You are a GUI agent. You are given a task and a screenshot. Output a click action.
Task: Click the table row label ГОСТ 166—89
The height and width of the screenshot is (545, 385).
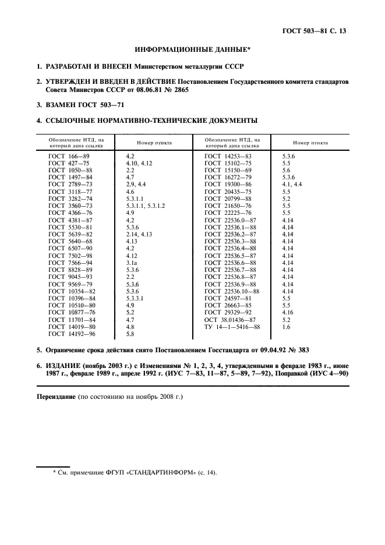(68, 157)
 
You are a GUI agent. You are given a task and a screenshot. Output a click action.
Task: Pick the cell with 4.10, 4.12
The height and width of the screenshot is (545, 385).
(139, 164)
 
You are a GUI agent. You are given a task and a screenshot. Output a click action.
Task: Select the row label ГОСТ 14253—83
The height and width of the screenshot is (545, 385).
(228, 157)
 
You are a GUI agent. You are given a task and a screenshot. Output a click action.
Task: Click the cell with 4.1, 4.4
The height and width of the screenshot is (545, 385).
(292, 183)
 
